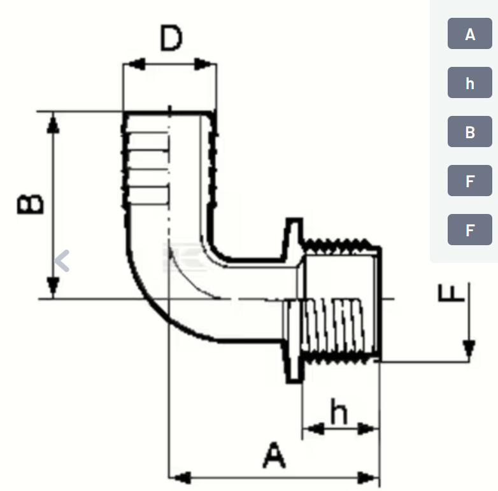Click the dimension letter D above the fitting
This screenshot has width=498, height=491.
[171, 39]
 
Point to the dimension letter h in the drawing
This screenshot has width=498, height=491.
[339, 414]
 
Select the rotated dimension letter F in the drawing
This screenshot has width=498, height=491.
[449, 294]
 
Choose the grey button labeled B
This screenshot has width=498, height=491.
[470, 132]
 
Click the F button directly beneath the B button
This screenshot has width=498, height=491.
[470, 181]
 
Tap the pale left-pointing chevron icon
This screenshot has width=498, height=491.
[62, 260]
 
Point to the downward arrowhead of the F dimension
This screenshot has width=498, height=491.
[469, 349]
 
